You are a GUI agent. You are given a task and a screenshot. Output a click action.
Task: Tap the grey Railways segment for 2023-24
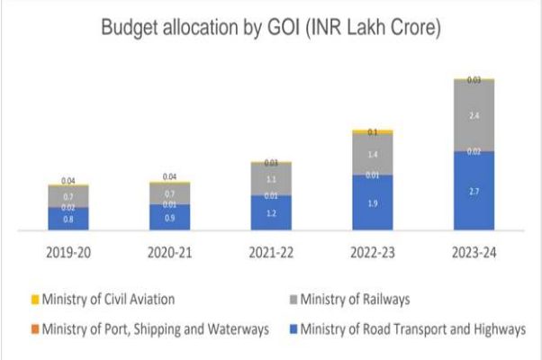[474, 116]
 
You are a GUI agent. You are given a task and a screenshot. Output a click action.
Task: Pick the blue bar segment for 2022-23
[372, 203]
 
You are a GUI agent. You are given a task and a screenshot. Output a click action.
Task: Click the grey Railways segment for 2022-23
[372, 155]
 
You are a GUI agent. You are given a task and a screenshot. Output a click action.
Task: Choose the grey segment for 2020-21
[169, 193]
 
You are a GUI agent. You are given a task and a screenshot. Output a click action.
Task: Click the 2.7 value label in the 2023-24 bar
[474, 193]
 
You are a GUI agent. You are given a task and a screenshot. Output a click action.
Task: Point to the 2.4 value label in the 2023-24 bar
[474, 116]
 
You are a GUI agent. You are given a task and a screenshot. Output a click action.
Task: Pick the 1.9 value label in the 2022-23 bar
[372, 204]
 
